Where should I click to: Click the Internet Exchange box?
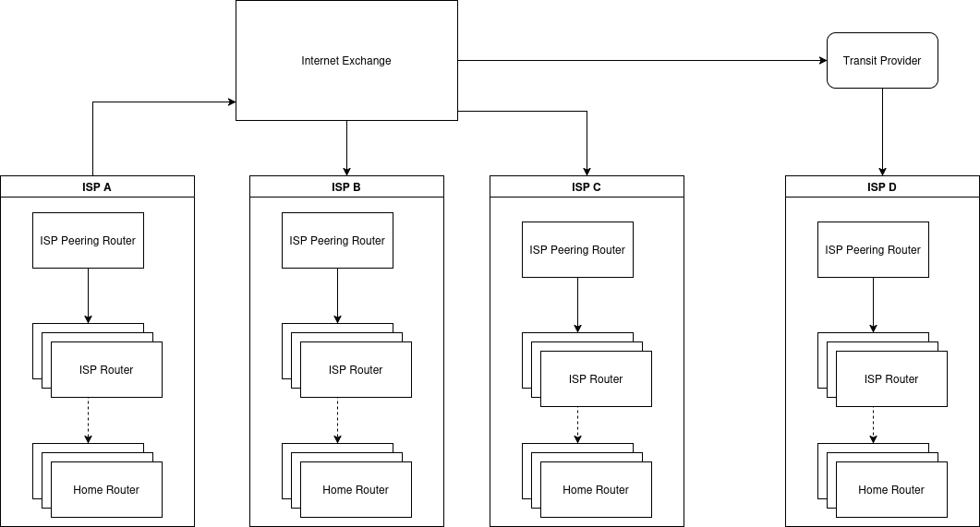pyautogui.click(x=346, y=61)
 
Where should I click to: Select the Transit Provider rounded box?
pyautogui.click(x=882, y=61)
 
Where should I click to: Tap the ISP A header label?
pyautogui.click(x=97, y=186)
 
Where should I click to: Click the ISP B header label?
pyautogui.click(x=346, y=186)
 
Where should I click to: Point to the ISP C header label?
pyautogui.click(x=587, y=186)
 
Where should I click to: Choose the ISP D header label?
pyautogui.click(x=882, y=186)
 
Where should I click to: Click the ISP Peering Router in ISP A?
pyautogui.click(x=88, y=241)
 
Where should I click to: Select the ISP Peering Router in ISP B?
pyautogui.click(x=337, y=241)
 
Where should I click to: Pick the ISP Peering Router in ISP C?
pyautogui.click(x=577, y=250)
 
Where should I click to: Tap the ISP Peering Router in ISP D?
pyautogui.click(x=873, y=250)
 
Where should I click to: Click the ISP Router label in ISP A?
pyautogui.click(x=106, y=370)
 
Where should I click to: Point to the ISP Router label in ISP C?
pyautogui.click(x=596, y=379)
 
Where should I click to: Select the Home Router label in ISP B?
pyautogui.click(x=356, y=490)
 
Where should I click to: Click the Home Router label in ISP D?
pyautogui.click(x=891, y=490)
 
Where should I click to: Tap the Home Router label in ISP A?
pyautogui.click(x=106, y=490)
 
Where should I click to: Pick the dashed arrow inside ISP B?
pyautogui.click(x=337, y=420)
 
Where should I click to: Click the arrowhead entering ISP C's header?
pyautogui.click(x=587, y=170)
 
